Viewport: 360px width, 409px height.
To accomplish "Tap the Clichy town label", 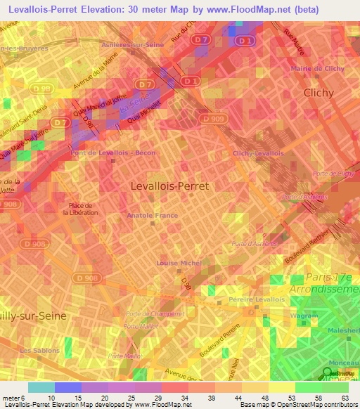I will pos(321,92).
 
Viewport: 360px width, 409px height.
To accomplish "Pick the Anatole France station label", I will pos(152,216).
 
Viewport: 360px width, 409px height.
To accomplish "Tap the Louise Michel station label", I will pos(179,263).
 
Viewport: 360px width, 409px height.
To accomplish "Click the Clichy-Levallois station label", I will pos(258,153).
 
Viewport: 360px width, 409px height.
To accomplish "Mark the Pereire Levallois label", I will pos(257,299).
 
